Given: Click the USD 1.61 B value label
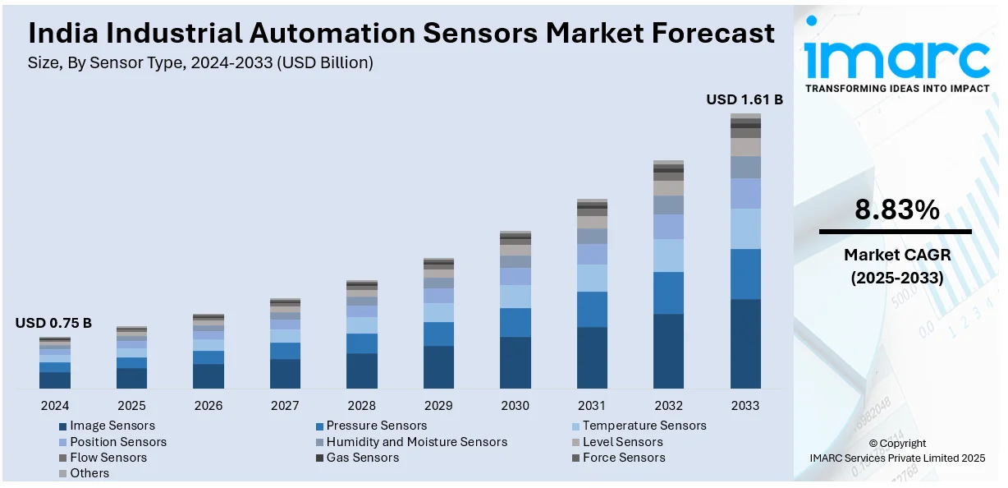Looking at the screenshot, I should tap(745, 99).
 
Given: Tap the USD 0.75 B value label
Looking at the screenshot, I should tap(53, 323).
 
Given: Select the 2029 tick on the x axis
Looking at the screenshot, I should tap(438, 405).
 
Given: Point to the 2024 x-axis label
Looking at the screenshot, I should tap(54, 405).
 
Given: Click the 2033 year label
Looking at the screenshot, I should tap(745, 405).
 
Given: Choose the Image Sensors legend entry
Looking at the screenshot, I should tap(112, 426).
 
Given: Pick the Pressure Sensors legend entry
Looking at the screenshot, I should tap(376, 426).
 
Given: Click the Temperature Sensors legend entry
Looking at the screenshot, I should tap(644, 426).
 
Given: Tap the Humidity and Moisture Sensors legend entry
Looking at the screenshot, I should tap(416, 441).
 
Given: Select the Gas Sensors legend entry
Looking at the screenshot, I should tap(362, 457).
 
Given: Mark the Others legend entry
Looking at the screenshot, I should tap(89, 472).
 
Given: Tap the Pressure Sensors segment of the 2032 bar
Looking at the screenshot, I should tap(668, 292).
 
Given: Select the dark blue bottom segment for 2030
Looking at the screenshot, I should tap(515, 362).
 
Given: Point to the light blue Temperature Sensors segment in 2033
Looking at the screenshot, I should tap(745, 228).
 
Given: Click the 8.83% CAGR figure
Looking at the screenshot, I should tap(896, 210).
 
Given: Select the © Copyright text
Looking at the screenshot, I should tap(896, 443).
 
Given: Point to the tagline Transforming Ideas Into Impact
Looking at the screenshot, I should tap(896, 88).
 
